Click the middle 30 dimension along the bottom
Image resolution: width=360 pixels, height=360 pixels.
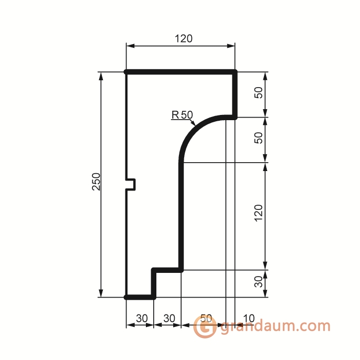(x=168, y=318)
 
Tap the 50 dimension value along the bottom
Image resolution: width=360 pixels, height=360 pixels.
(x=206, y=318)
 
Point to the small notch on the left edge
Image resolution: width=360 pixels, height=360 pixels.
(x=132, y=184)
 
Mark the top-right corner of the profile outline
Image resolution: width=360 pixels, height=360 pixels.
(x=235, y=72)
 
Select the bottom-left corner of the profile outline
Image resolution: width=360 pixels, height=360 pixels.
(x=126, y=297)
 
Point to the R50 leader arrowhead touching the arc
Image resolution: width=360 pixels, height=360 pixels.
(x=195, y=124)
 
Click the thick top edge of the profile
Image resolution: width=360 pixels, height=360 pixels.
(x=181, y=72)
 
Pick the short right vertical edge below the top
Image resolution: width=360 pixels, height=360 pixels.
(x=235, y=94)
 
